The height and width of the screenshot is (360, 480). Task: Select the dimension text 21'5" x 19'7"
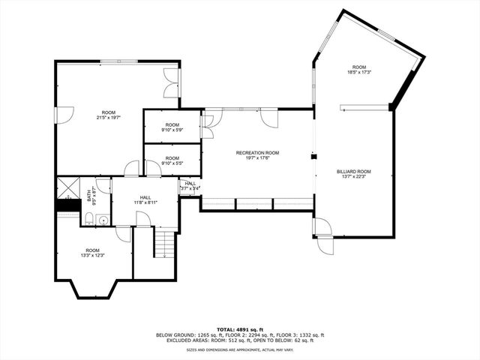[x=109, y=118]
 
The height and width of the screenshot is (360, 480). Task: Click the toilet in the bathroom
[x=88, y=219]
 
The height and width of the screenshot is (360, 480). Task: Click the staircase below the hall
[x=164, y=244]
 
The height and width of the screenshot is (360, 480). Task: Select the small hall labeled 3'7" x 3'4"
[x=190, y=186]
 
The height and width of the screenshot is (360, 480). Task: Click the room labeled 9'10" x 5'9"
[x=172, y=127]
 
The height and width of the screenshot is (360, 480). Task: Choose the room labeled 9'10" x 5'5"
[x=172, y=160]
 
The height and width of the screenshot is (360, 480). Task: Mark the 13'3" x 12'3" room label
[x=92, y=253]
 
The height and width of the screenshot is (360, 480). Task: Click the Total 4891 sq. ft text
[x=240, y=329]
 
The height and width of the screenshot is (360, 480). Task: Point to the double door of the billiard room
[x=323, y=237]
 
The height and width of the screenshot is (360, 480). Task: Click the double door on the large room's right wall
[x=172, y=82]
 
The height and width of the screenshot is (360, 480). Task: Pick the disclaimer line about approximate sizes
[x=240, y=349]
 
